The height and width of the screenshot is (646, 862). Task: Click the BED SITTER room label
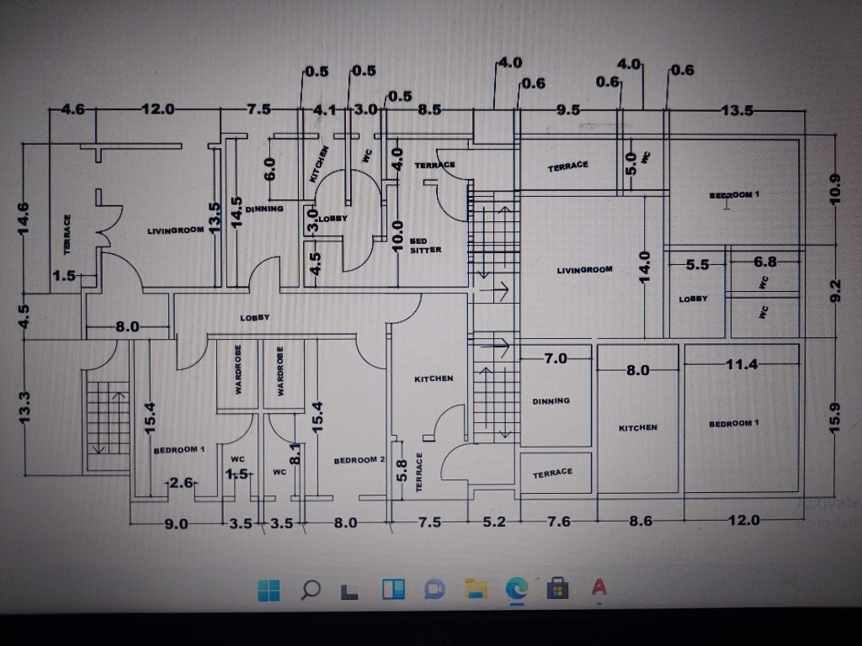pos(424,246)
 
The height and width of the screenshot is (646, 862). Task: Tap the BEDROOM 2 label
pos(359,460)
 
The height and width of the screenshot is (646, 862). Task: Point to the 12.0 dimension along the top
pos(157,109)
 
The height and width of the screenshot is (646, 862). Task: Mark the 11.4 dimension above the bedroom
pos(742,364)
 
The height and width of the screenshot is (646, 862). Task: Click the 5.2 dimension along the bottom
pos(494,522)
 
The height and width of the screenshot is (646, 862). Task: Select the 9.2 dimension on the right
pos(835,290)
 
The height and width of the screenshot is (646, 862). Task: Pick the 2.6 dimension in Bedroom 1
pos(182,483)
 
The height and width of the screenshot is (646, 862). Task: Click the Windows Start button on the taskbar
pos(269,590)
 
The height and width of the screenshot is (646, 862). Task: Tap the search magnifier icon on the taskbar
pos(310,590)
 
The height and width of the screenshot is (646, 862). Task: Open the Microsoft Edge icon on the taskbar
pos(516,590)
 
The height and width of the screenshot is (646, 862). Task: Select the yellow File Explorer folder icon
pos(476,590)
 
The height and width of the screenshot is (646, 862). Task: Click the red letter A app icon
pos(599,589)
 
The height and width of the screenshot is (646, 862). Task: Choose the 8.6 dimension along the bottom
pos(641,522)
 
